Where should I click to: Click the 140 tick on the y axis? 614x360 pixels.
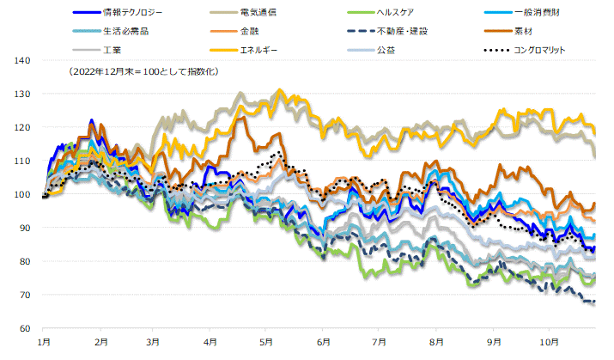point(23,60)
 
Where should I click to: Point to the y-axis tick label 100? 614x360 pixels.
point(23,194)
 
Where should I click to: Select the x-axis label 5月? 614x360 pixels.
point(267,340)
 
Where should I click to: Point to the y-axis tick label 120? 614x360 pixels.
point(23,127)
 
